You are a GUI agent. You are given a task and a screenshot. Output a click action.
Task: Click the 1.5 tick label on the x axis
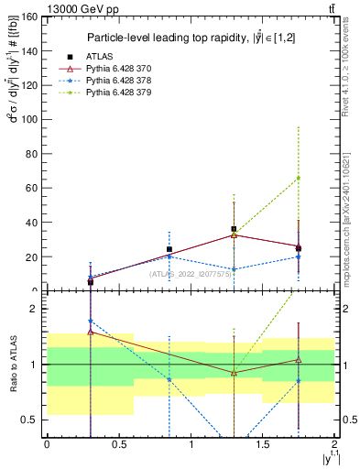point(262,444)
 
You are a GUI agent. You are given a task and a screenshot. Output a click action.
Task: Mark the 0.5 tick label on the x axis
point(118,444)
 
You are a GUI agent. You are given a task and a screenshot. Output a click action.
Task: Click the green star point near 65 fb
point(299,178)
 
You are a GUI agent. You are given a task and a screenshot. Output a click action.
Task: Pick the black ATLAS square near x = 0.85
point(169,249)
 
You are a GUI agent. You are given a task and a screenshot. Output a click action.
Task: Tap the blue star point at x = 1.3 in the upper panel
point(235,269)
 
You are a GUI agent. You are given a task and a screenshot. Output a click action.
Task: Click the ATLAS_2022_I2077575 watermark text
point(189,273)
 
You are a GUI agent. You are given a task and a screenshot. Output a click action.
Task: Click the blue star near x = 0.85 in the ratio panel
point(169,379)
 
